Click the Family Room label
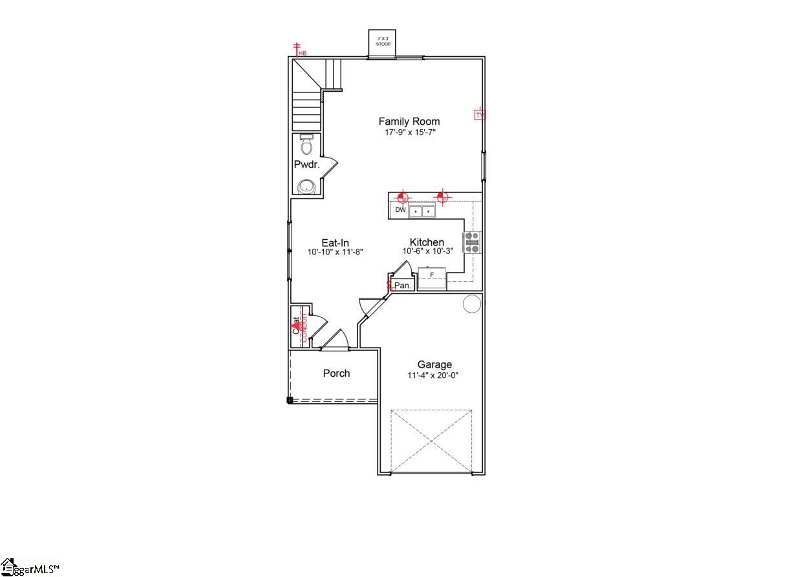[409, 121]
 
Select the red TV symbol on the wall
[480, 115]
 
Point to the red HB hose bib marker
[299, 50]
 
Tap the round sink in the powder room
[306, 187]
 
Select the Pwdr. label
[307, 165]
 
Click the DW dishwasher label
[401, 210]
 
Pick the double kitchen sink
[422, 211]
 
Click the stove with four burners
[473, 242]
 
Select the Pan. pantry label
[403, 285]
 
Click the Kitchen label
[427, 242]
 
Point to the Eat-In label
[336, 243]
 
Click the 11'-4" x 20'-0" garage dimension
[433, 375]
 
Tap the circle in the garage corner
[472, 304]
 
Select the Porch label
[336, 373]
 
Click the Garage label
[434, 365]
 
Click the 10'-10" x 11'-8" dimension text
[336, 252]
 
